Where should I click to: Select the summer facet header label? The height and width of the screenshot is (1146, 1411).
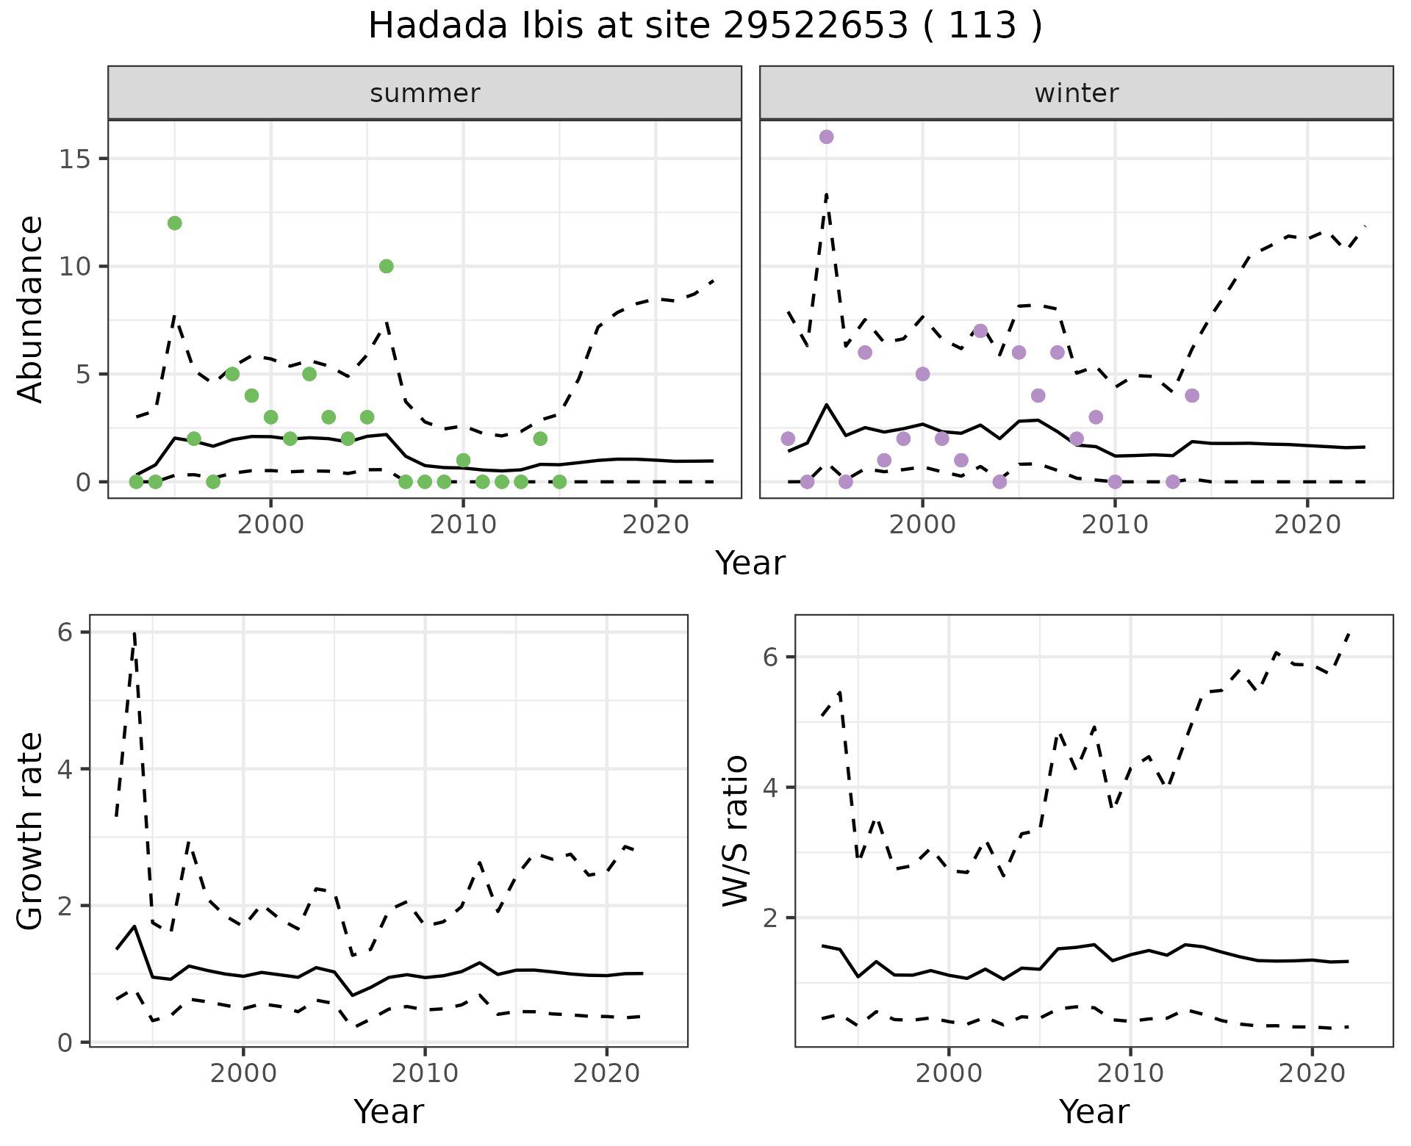[x=425, y=93]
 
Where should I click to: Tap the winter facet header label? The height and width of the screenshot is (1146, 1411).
[x=1076, y=93]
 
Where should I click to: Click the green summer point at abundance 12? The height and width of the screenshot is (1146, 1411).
[x=174, y=223]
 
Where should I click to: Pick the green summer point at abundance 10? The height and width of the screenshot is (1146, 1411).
[x=386, y=266]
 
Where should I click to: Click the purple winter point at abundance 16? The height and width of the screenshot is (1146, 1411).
[x=826, y=137]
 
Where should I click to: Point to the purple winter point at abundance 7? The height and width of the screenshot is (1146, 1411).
[x=980, y=331]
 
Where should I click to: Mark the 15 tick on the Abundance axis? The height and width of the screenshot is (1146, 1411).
[x=73, y=159]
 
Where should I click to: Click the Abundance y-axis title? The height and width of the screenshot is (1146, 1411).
[x=31, y=309]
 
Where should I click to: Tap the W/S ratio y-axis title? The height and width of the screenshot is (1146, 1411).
[x=736, y=831]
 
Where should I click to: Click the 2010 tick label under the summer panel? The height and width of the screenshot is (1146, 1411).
[x=463, y=525]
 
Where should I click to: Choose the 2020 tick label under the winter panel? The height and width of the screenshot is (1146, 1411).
[x=1307, y=525]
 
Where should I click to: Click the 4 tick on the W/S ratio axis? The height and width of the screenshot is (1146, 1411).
[x=769, y=788]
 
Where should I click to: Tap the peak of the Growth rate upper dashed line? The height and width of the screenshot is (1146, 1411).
[x=134, y=633]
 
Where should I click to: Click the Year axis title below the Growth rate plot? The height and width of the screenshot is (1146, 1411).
[x=388, y=1111]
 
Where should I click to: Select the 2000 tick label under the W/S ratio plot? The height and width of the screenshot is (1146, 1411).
[x=948, y=1073]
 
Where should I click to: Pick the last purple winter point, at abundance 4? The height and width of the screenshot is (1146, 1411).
[x=1192, y=395]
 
